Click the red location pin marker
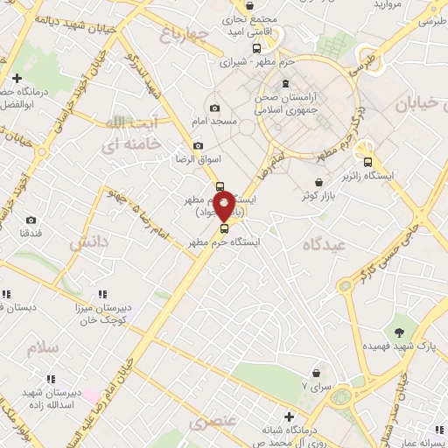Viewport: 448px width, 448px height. coord(225,206)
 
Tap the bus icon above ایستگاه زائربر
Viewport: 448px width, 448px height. coord(368,161)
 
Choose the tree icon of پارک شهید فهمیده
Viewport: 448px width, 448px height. coord(400,332)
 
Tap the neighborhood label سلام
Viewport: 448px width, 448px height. coord(42,347)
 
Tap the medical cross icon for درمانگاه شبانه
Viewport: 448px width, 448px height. coord(290,416)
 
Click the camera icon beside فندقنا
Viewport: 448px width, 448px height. coord(31,220)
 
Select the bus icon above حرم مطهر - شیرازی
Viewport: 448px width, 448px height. coord(256,49)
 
